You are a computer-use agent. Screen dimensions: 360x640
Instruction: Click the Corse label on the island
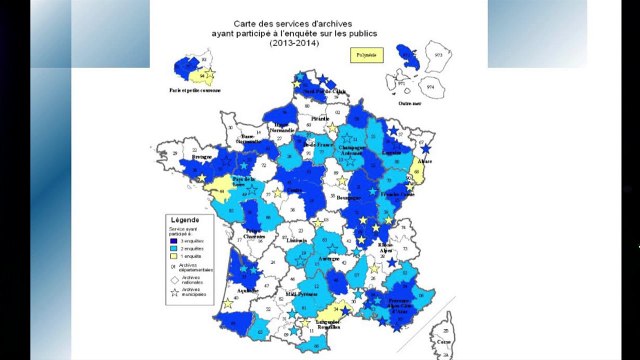[442, 342]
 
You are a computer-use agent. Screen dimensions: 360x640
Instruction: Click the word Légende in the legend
[185, 220]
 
